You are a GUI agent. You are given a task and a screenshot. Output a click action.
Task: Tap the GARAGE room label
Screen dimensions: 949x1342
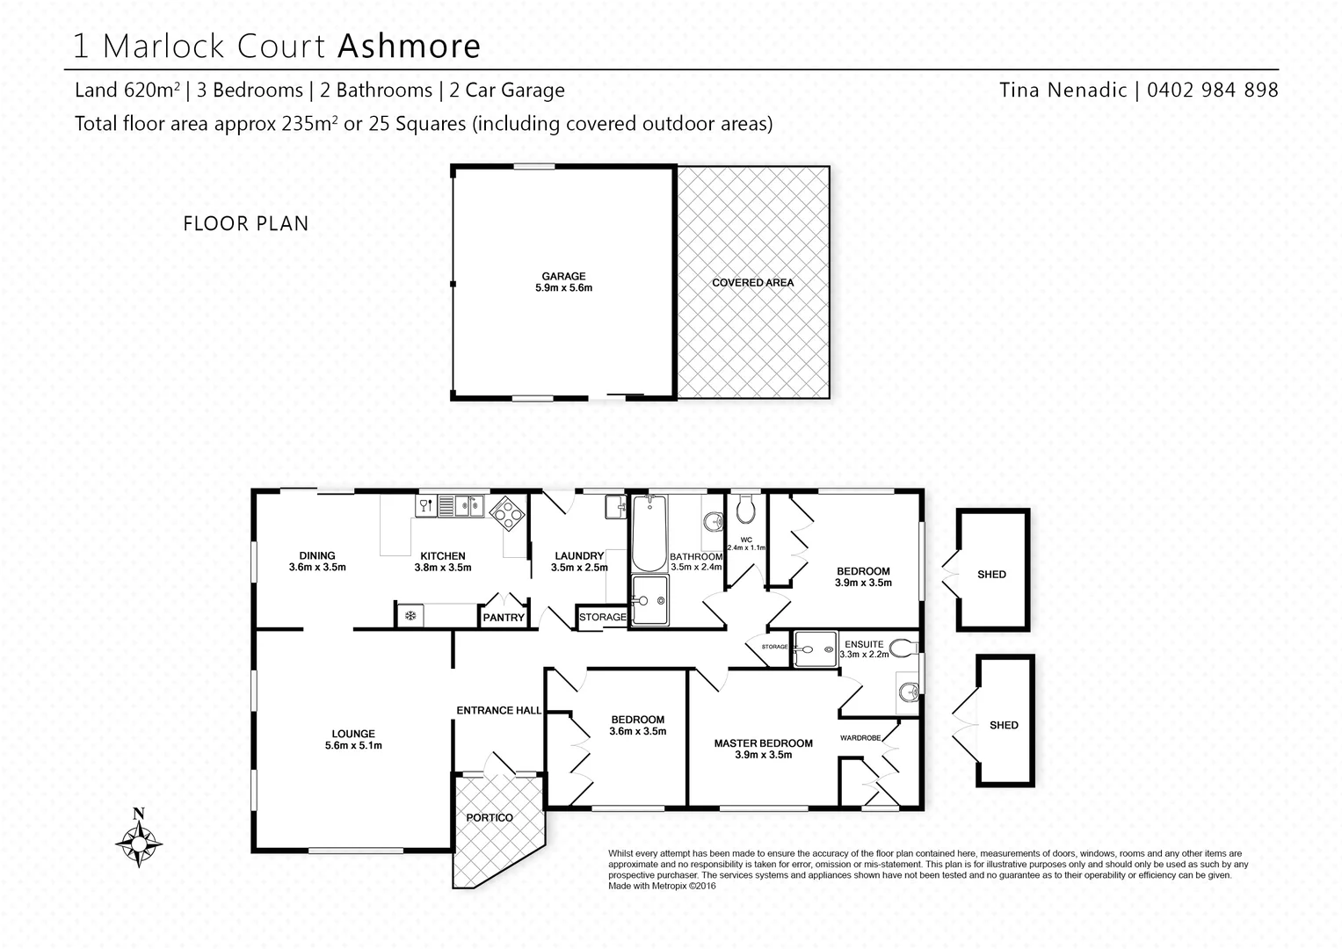click(x=563, y=276)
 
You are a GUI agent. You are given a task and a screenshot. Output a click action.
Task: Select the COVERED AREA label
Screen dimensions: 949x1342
click(x=752, y=283)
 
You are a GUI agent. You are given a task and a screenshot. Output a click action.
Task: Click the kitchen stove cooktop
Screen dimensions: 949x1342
click(x=508, y=511)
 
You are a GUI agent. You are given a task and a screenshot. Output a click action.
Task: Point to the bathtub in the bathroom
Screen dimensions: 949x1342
click(x=648, y=532)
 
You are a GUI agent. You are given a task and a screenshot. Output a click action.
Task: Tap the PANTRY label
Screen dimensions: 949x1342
click(x=504, y=618)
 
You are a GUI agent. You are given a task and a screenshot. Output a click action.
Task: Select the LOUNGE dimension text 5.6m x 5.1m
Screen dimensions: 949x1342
click(x=353, y=745)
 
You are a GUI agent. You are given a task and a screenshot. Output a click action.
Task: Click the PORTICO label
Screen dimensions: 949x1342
click(x=490, y=817)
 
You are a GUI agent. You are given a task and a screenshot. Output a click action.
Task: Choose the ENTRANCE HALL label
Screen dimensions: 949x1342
click(x=498, y=710)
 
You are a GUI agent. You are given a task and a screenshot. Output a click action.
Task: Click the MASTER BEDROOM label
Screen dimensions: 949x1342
click(x=763, y=743)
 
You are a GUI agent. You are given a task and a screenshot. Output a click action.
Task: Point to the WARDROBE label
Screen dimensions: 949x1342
click(x=860, y=737)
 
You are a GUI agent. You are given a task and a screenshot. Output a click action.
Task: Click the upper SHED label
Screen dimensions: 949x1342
click(x=991, y=574)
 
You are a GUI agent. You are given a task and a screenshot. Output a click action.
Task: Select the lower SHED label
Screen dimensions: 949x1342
click(x=1004, y=725)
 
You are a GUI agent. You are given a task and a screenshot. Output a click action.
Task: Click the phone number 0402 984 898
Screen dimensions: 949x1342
click(x=1212, y=90)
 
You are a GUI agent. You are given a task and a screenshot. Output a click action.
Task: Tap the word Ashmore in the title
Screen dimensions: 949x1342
click(x=409, y=46)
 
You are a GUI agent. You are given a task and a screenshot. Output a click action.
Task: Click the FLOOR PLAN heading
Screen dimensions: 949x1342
click(x=246, y=224)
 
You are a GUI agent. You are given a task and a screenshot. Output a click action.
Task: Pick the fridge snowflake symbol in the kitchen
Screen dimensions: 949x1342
click(x=410, y=616)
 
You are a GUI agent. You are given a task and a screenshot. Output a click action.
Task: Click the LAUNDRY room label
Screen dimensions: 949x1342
click(x=579, y=555)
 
